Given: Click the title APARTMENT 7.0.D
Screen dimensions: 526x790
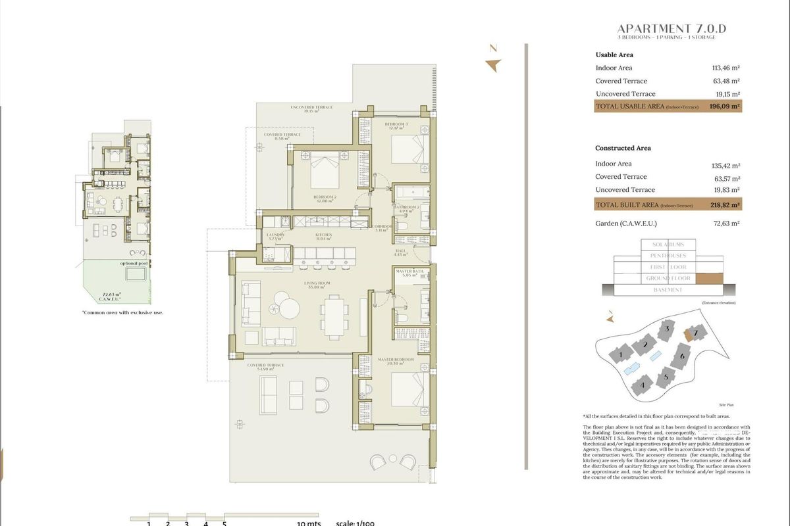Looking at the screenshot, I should point(672,29).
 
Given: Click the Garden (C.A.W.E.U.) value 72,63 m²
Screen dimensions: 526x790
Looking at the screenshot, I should point(726,224).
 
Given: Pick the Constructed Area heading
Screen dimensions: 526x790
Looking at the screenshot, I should point(623,148).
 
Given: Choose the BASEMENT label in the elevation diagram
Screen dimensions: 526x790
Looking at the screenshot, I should point(668,290).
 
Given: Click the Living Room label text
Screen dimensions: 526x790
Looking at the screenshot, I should point(316,283).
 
